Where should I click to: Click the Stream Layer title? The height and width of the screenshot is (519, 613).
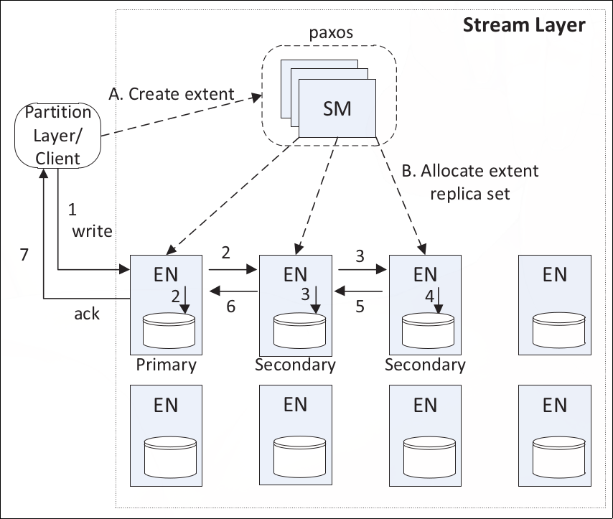point(523,25)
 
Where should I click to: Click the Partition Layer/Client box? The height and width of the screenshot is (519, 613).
point(58,135)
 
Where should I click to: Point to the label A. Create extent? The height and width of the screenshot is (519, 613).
point(171,94)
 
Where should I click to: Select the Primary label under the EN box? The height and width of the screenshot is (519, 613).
point(166,365)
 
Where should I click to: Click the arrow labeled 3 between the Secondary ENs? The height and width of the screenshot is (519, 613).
point(362,270)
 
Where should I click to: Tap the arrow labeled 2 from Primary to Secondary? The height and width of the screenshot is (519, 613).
point(233,270)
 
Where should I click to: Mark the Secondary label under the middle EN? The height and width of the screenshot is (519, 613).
point(295,365)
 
